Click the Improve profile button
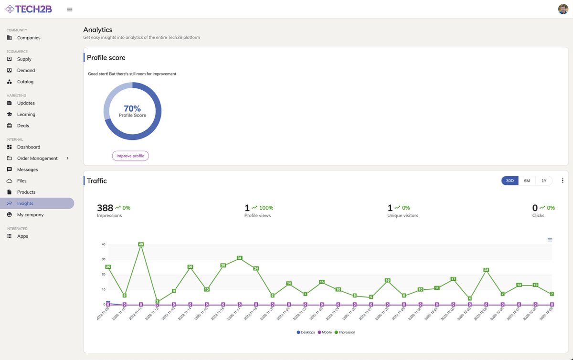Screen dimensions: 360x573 130,156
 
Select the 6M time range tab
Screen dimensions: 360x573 527,180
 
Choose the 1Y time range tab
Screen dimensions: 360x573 543,180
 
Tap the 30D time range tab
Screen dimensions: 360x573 510,180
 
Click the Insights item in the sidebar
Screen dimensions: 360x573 25,203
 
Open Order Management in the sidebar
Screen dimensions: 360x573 37,159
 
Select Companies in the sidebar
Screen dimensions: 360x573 29,38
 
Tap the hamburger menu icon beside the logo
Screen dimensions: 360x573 70,10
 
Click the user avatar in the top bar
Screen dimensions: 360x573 563,9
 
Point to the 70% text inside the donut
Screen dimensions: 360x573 132,108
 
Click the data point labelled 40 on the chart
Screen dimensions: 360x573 141,244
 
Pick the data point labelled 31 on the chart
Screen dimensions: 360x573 240,258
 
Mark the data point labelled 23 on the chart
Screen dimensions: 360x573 486,270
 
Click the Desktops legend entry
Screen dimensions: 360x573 306,332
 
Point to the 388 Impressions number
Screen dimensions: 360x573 105,208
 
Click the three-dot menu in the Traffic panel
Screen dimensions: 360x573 562,180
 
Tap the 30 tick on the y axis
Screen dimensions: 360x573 103,259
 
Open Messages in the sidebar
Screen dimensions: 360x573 27,169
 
